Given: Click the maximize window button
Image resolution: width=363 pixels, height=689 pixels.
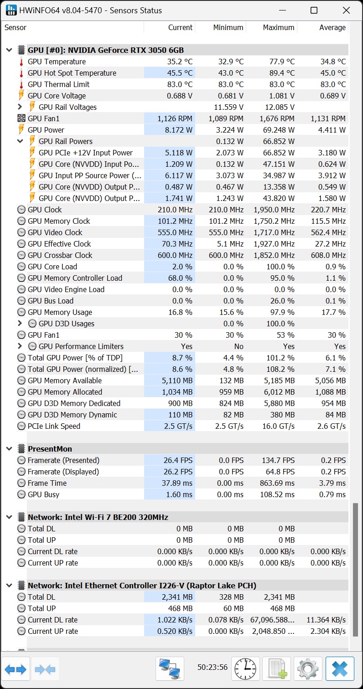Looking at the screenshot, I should click(x=314, y=10).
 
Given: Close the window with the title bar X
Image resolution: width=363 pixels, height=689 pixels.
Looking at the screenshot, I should click(x=346, y=10).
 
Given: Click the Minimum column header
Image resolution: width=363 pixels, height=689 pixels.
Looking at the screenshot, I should click(x=228, y=27).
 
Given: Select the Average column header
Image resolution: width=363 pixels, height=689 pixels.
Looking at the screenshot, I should click(x=332, y=27).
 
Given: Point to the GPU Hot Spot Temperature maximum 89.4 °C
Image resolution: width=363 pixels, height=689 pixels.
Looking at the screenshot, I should click(x=279, y=73).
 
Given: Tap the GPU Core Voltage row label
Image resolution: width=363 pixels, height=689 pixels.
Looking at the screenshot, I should click(x=57, y=96).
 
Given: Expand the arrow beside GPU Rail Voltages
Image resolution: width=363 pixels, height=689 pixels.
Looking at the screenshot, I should click(x=20, y=107).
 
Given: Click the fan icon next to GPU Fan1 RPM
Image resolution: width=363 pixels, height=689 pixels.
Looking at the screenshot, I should click(x=21, y=118).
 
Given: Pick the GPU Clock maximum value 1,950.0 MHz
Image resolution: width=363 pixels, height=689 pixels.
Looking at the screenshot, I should click(x=274, y=210).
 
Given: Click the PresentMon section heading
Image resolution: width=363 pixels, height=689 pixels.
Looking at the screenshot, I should click(x=50, y=449).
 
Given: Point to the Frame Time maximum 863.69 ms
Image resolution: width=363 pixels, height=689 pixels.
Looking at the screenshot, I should click(x=275, y=483).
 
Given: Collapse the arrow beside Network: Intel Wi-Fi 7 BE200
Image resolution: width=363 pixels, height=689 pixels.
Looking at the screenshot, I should click(x=9, y=517).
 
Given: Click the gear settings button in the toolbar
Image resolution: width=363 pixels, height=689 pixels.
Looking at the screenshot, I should click(x=308, y=668).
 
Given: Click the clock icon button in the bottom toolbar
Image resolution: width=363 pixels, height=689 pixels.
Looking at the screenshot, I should click(x=245, y=668).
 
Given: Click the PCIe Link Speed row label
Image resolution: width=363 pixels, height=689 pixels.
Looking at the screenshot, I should click(x=54, y=426).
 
